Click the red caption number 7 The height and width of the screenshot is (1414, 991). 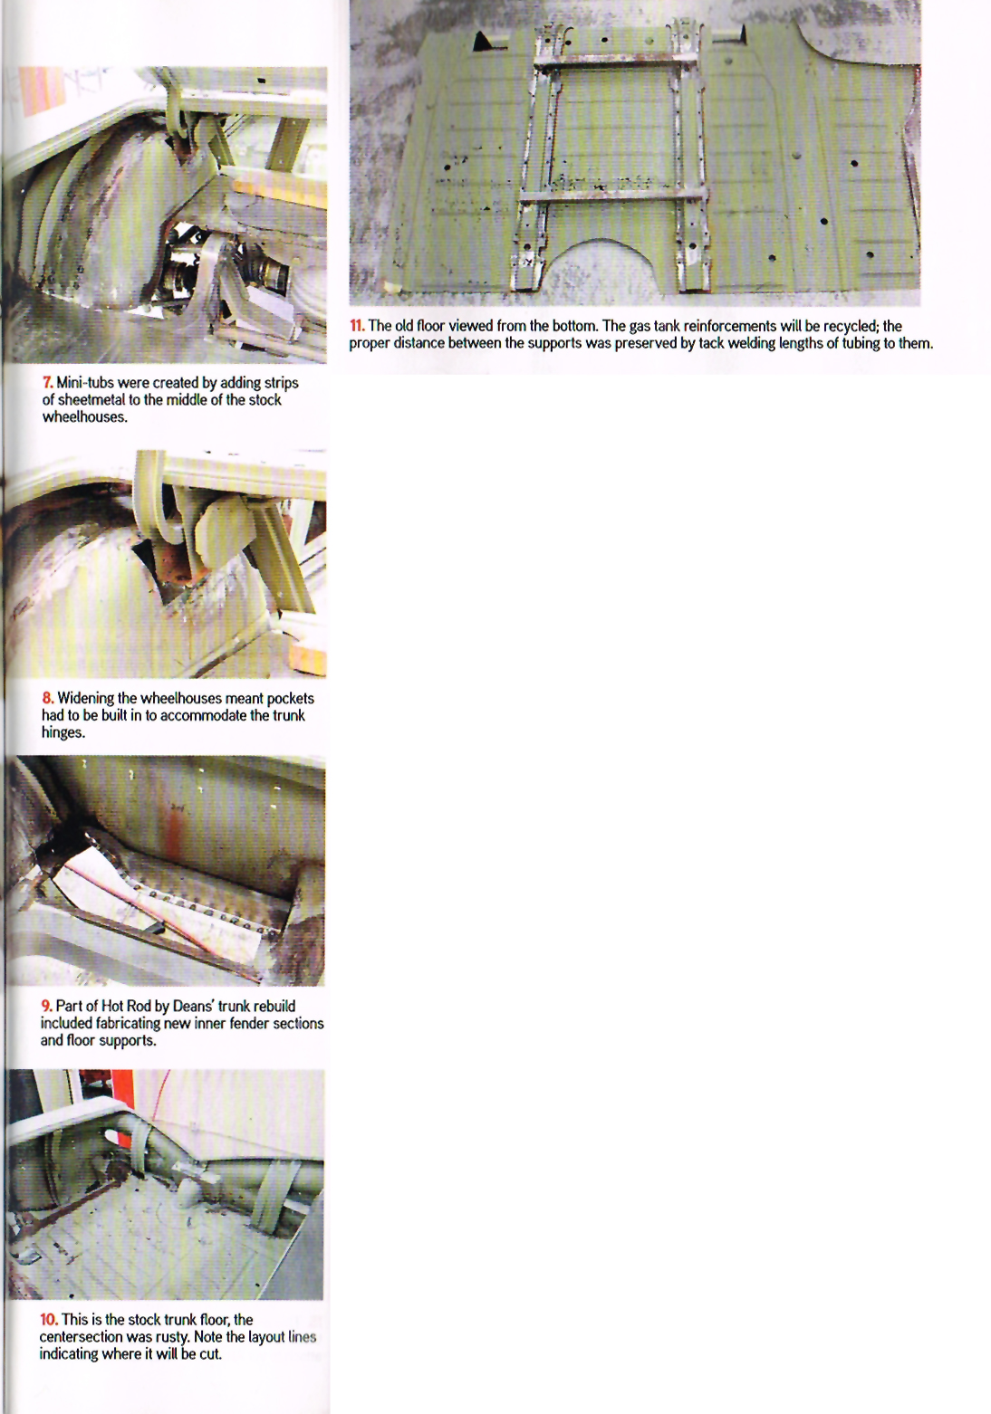[x=47, y=383]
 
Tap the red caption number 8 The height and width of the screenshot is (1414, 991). [x=47, y=698]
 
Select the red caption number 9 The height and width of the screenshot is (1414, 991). [x=46, y=1006]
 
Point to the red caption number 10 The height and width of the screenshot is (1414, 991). [x=49, y=1319]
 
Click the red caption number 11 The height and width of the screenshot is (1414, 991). [x=357, y=326]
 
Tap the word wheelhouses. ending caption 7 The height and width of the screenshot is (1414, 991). [x=84, y=416]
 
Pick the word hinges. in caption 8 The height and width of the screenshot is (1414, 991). [x=63, y=732]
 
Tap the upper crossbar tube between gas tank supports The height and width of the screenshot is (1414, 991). [x=616, y=62]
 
